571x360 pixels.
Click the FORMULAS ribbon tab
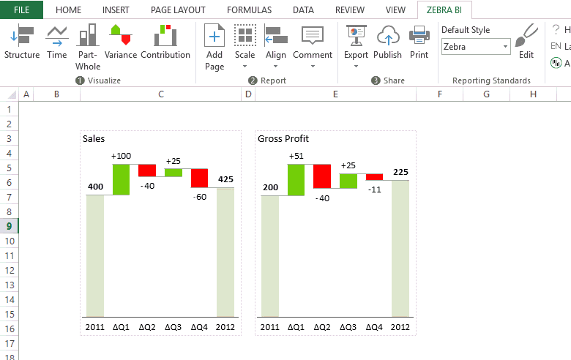point(249,10)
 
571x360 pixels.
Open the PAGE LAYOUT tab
point(178,10)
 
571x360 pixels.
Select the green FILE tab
point(21,10)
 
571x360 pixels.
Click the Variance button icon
point(121,34)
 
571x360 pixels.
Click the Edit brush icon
point(526,37)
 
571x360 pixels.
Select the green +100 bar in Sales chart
point(121,179)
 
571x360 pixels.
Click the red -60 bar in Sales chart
point(199,178)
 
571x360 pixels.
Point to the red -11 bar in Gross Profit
point(374,176)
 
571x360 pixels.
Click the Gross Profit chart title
point(283,138)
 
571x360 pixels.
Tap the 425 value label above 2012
point(225,179)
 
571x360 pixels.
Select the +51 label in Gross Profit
point(296,156)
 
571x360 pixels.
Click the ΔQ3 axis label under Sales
point(173,327)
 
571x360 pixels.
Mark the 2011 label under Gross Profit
point(270,327)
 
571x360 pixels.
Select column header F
point(439,94)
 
